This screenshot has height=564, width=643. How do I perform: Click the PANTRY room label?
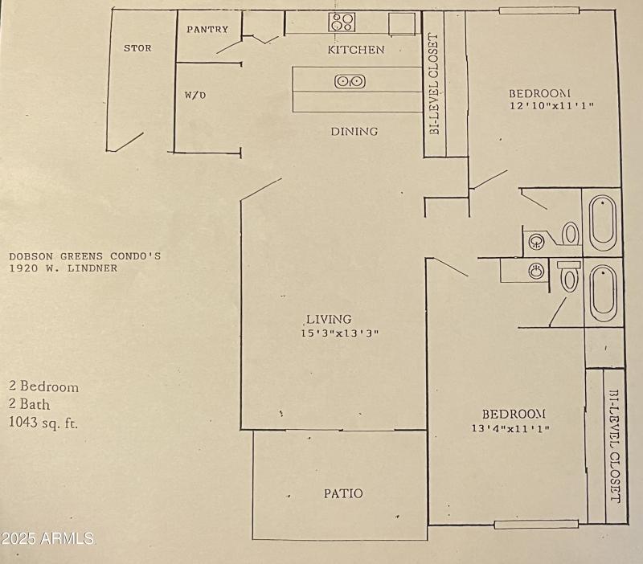pos(207,30)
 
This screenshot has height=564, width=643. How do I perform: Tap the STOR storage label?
pos(137,48)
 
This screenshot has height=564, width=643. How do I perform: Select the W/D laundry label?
pos(195,95)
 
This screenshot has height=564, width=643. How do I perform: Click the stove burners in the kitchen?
pos(342,22)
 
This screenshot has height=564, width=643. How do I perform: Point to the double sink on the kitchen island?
pos(350,81)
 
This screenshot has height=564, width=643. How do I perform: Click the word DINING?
pos(354,131)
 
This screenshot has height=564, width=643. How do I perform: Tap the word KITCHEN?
pos(356,50)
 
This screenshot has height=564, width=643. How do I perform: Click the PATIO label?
pos(343,493)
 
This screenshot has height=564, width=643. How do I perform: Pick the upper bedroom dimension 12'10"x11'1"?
pos(551,105)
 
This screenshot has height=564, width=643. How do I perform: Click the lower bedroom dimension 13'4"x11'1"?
pos(510,428)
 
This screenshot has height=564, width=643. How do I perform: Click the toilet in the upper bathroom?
pos(570,234)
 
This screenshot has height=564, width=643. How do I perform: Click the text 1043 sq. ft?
pos(43,422)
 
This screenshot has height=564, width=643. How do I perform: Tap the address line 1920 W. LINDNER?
pos(63,268)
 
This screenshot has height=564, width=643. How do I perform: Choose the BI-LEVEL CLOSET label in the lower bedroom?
pos(614,448)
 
